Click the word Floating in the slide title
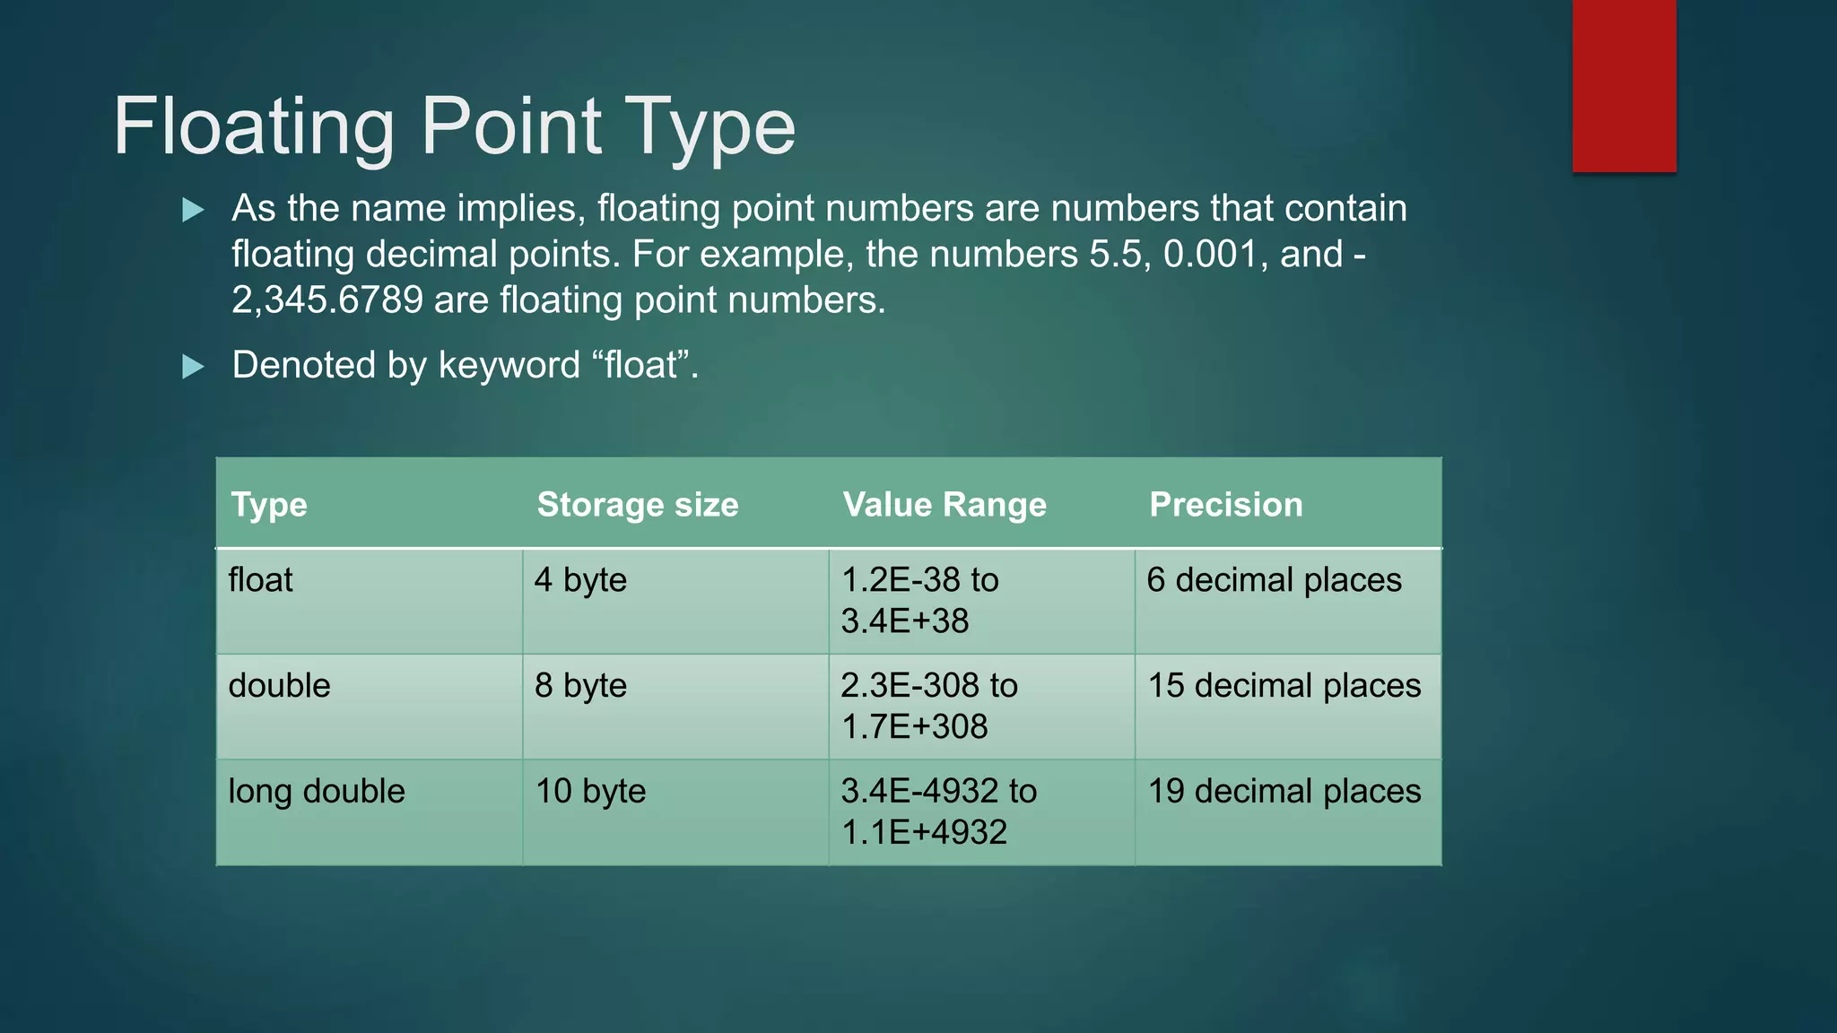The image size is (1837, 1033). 254,127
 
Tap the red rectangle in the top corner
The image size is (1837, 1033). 1624,86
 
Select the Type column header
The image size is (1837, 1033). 269,505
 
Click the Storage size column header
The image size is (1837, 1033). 638,505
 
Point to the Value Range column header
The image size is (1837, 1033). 945,505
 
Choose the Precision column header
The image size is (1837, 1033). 1225,505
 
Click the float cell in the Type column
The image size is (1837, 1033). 260,580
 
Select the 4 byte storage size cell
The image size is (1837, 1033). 580,580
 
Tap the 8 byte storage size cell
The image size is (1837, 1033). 580,686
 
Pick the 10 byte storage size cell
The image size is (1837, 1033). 590,792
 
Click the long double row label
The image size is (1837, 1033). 317,792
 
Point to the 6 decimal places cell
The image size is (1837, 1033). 1274,580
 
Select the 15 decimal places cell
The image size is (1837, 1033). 1284,686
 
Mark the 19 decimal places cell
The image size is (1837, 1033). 1284,792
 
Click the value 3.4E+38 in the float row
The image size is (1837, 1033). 905,621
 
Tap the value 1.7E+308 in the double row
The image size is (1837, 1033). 914,727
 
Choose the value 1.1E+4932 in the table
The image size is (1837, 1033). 924,833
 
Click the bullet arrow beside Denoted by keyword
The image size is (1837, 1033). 193,367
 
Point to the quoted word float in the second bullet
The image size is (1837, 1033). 640,366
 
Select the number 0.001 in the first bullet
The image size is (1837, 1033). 1210,255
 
